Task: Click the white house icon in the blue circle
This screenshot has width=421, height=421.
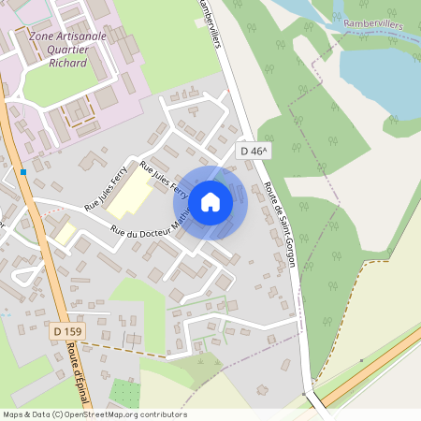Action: pyautogui.click(x=210, y=201)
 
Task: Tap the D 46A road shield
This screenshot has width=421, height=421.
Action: pyautogui.click(x=253, y=151)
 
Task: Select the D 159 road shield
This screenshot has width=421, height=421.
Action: pyautogui.click(x=68, y=331)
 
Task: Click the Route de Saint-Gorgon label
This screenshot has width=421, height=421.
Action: pyautogui.click(x=281, y=225)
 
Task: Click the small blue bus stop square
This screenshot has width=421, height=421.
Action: pyautogui.click(x=22, y=172)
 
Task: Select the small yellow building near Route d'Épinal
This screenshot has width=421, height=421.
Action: pyautogui.click(x=64, y=233)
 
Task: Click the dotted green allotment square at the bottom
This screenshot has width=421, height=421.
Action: pyautogui.click(x=124, y=393)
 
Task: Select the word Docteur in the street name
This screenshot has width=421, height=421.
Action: pyautogui.click(x=150, y=223)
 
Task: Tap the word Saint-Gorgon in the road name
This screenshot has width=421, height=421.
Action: pyautogui.click(x=284, y=239)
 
